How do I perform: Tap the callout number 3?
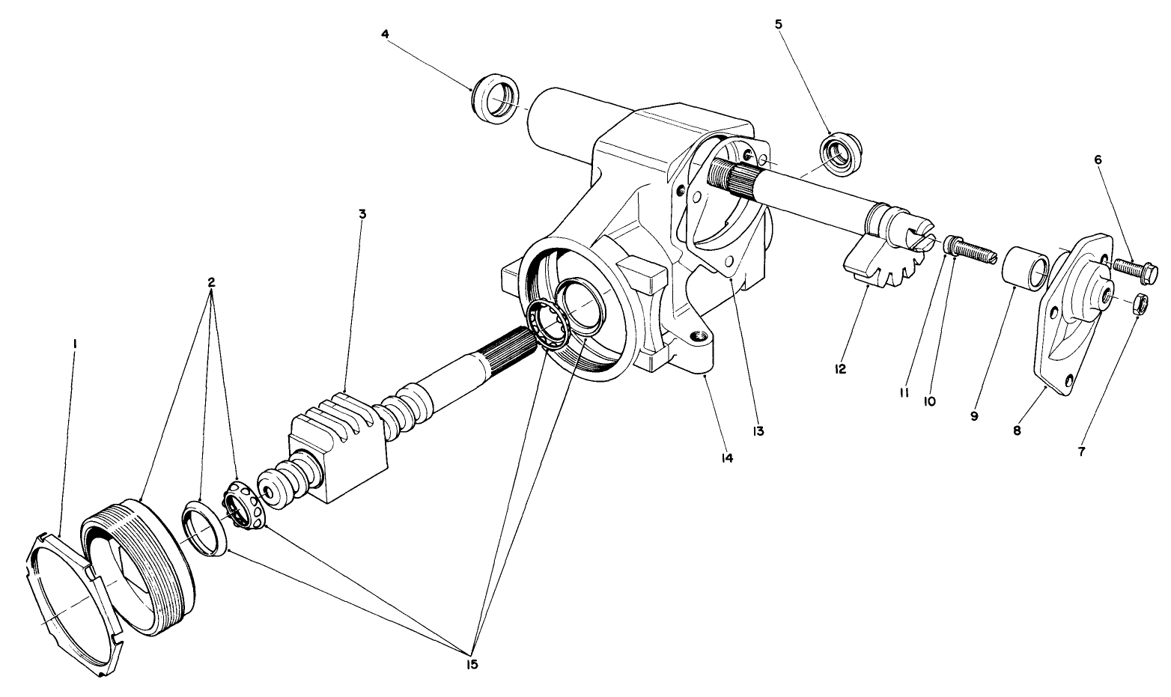point(362,214)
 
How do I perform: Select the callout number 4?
point(385,34)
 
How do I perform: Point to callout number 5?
point(779,24)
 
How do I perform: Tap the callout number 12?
point(841,369)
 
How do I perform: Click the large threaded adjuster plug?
point(139,565)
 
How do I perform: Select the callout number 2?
point(211,282)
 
